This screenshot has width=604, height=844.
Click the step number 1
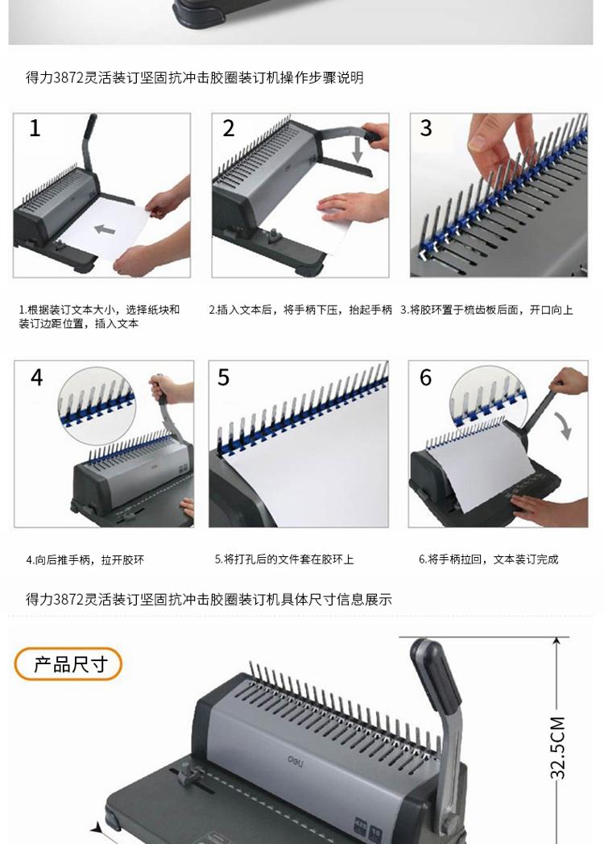click(35, 128)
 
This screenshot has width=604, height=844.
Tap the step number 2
click(229, 129)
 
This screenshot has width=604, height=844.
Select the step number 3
click(426, 128)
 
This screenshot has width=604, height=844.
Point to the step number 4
click(36, 377)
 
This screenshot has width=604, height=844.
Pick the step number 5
click(223, 377)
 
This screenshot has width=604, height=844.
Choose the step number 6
click(425, 377)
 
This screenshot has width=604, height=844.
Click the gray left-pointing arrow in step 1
click(105, 229)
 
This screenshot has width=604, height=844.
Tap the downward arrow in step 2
click(357, 148)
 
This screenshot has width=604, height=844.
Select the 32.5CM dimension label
click(558, 747)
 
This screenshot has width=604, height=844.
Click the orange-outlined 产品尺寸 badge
click(68, 664)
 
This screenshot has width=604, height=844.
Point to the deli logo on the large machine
click(296, 761)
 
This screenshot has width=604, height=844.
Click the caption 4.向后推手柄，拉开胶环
click(85, 559)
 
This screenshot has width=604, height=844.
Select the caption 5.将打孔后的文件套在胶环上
click(284, 559)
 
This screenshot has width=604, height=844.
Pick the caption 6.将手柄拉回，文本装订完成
click(488, 559)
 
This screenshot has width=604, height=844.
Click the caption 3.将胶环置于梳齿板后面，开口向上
click(486, 310)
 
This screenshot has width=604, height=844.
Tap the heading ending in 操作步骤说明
click(195, 77)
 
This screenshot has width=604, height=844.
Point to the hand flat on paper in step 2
click(352, 207)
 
